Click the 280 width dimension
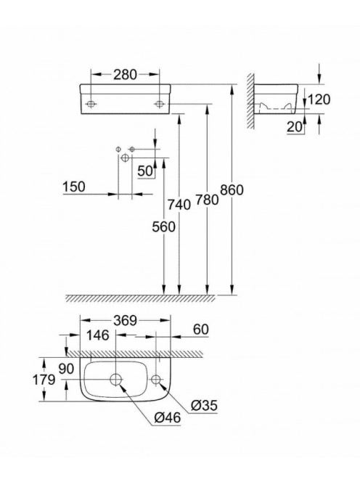(x=125, y=75)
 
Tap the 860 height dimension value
(x=232, y=190)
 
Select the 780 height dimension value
(x=207, y=200)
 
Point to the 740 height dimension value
(x=179, y=205)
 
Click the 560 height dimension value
(x=163, y=227)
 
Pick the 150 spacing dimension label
(x=74, y=187)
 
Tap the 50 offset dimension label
(x=145, y=171)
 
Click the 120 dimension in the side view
(x=319, y=99)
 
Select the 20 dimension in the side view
(x=295, y=126)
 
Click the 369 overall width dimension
(x=125, y=321)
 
